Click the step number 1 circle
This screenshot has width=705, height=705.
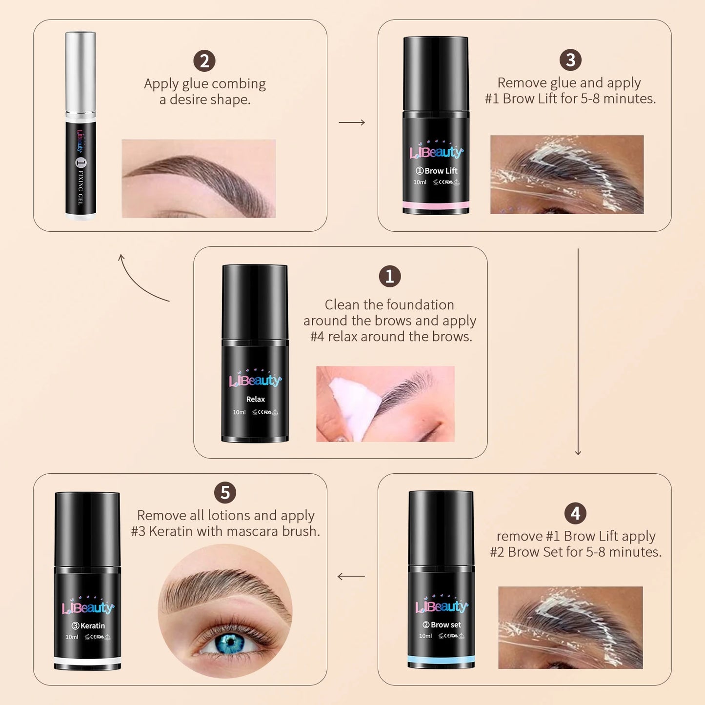tap(389, 277)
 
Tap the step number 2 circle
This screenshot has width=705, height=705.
tap(204, 61)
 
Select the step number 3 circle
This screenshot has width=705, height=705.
tap(570, 60)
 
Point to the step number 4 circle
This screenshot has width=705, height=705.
tap(575, 513)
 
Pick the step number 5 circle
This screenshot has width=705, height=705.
tap(225, 493)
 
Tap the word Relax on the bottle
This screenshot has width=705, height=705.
tap(255, 399)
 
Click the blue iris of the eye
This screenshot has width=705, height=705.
tap(230, 644)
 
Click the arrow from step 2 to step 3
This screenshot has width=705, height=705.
tap(352, 122)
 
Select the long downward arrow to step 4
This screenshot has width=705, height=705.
tap(578, 351)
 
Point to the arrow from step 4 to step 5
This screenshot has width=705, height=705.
tap(351, 577)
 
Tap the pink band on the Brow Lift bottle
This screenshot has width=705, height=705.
tap(436, 204)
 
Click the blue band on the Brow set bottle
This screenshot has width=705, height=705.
tap(441, 659)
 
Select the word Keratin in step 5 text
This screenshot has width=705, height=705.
tap(171, 531)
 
